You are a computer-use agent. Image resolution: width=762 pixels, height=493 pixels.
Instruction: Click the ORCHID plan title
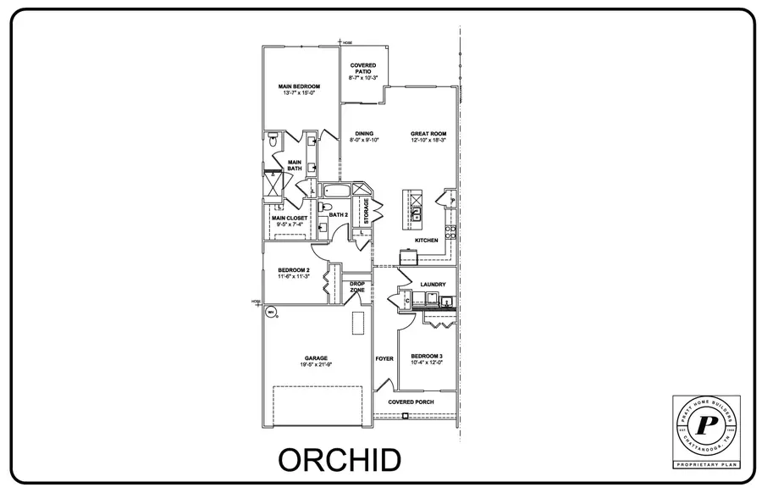pos(340,460)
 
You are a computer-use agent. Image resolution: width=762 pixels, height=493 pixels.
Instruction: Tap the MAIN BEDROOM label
pos(297,86)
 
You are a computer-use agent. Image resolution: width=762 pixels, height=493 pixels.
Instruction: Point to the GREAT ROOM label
pos(428,133)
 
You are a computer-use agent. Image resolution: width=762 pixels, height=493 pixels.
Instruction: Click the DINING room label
pos(365,133)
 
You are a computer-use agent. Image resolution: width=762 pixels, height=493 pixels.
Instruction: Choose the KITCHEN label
pos(426,241)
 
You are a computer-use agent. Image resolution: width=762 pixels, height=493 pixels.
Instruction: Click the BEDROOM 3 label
pos(427,356)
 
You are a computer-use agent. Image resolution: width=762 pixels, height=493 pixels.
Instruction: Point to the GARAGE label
pos(317,357)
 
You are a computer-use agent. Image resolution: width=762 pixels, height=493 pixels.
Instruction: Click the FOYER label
pos(384,359)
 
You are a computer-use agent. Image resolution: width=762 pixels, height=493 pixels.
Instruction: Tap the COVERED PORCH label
pos(410,401)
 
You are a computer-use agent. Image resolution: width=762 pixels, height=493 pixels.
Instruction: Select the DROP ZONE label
pos(357,287)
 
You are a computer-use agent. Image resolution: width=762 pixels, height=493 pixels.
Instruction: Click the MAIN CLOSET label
pos(290,218)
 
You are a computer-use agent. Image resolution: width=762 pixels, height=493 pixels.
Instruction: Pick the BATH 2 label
pos(339,215)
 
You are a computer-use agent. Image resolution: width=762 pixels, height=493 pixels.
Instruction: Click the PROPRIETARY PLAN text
pos(705,465)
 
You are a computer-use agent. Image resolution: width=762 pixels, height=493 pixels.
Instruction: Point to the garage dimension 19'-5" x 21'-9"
pos(317,365)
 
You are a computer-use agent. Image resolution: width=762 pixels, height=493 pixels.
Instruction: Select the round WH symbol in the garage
pos(271,313)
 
